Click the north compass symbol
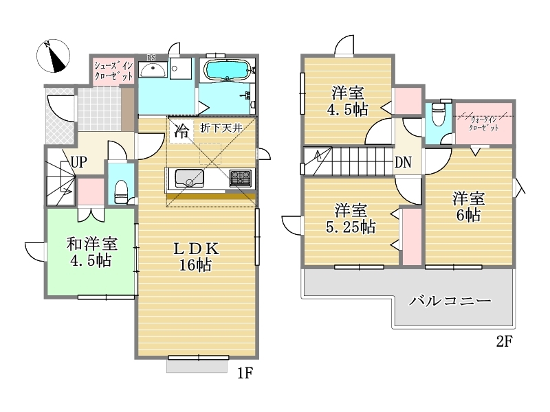pos(54,56)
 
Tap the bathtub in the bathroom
pos(228,70)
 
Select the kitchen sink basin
pos(189,179)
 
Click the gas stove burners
pos(241,178)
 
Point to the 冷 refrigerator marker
pos(181,131)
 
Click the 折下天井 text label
pos(221,128)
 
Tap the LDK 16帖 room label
pos(196,256)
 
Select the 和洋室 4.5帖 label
pos(92,252)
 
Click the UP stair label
pos(79,162)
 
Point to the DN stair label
pos(403,162)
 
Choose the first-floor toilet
pos(122,192)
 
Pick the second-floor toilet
pos(438,113)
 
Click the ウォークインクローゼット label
pos(484,124)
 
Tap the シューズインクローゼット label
pos(113,71)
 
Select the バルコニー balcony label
pos(450,301)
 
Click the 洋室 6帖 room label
pos(468,207)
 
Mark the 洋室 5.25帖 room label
pos(351,219)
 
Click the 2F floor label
pos(505,341)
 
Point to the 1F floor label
pos(245,373)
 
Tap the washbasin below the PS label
pos(153,69)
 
